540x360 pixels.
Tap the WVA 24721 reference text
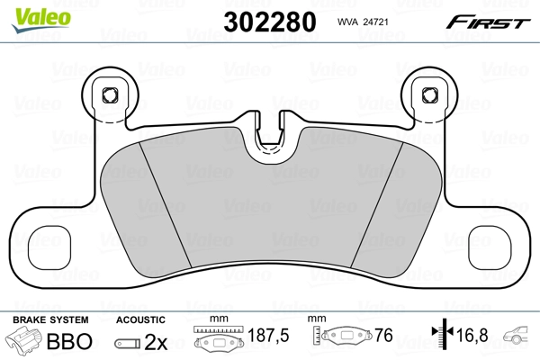(x=362, y=23)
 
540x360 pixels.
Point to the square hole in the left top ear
(x=111, y=94)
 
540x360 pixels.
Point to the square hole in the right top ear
(x=429, y=94)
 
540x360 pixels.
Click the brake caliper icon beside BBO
(x=23, y=341)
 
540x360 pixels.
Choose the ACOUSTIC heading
(x=140, y=319)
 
